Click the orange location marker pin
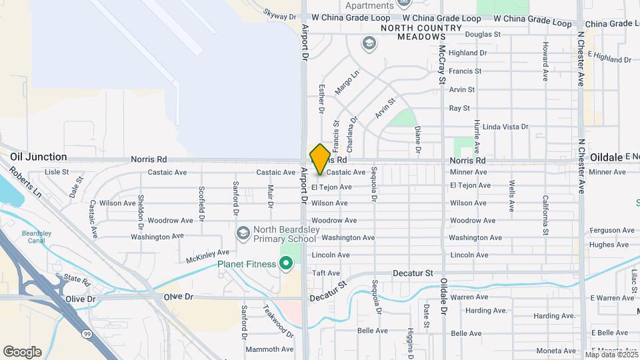pos(320,159)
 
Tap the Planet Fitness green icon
pos(287,265)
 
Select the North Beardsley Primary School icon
pos(243,233)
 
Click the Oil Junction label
pos(39,157)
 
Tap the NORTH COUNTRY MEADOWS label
pos(421,32)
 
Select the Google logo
pos(22,351)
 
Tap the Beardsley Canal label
pos(37,237)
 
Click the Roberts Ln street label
pos(26,182)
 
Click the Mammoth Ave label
pos(269,349)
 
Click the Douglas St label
pos(483,34)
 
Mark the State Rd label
pos(77,279)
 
